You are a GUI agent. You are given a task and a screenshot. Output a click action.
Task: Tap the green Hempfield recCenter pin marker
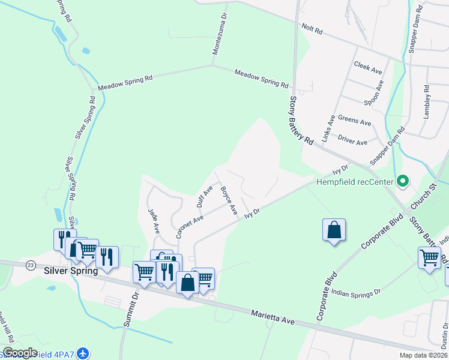[x=403, y=180]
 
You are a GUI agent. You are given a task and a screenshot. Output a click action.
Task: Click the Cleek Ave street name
[x=368, y=67]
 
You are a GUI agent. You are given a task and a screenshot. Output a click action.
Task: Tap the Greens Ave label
[x=355, y=120]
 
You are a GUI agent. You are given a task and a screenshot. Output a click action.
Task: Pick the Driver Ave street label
[x=352, y=142]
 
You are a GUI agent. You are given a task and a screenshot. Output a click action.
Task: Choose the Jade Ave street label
[x=154, y=220]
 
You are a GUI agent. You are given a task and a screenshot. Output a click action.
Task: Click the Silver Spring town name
[x=71, y=271]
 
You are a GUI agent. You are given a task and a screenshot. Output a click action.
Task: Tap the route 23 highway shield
[x=31, y=264]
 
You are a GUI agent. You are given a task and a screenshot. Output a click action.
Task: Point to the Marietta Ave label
[x=273, y=316]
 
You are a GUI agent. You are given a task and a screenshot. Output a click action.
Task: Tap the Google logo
[x=20, y=353]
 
